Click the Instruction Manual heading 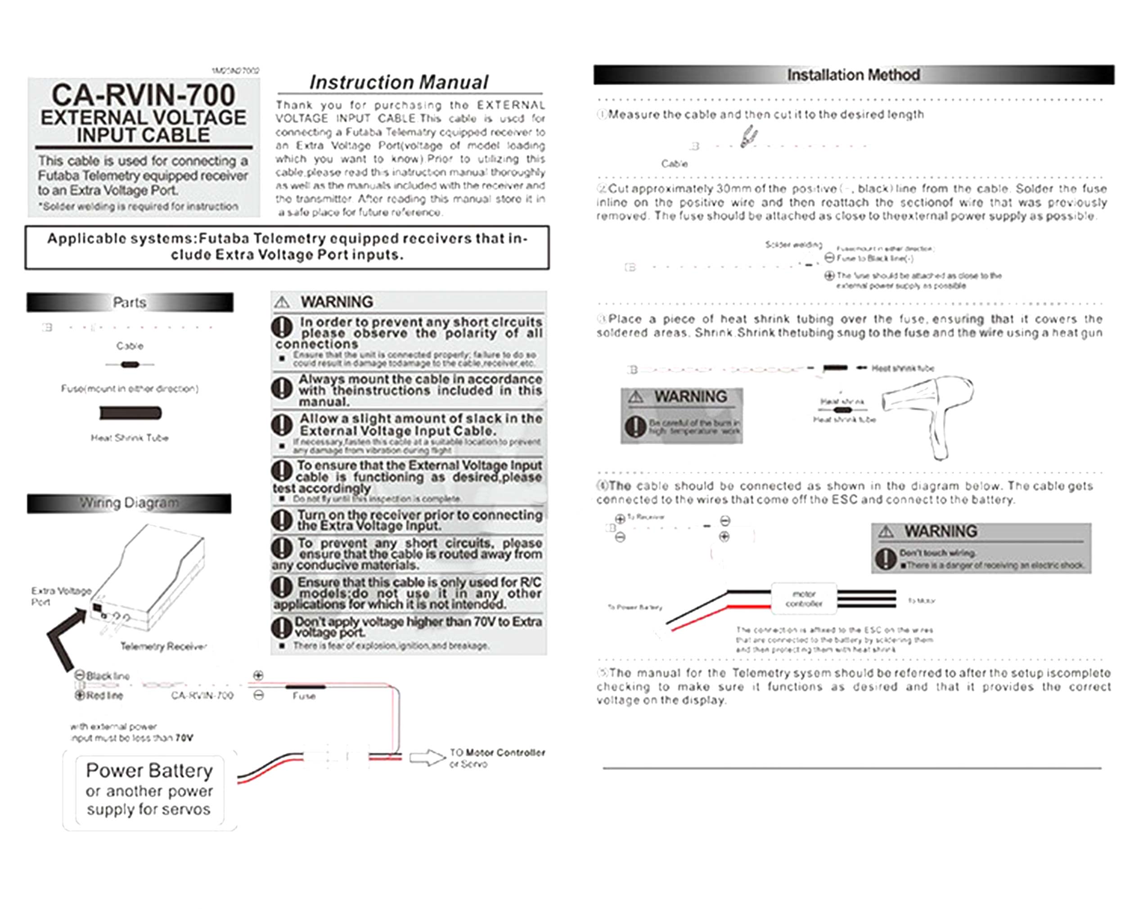pyautogui.click(x=399, y=82)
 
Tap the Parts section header pyautogui.click(x=129, y=303)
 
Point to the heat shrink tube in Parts pyautogui.click(x=130, y=413)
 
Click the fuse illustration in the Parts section pyautogui.click(x=130, y=364)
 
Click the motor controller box pyautogui.click(x=803, y=598)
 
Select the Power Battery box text pyautogui.click(x=149, y=790)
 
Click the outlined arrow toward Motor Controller pyautogui.click(x=427, y=758)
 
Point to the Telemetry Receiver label pyautogui.click(x=163, y=647)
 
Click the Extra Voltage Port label pyautogui.click(x=60, y=596)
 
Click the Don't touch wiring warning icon pyautogui.click(x=885, y=558)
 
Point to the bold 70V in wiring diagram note pyautogui.click(x=184, y=738)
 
